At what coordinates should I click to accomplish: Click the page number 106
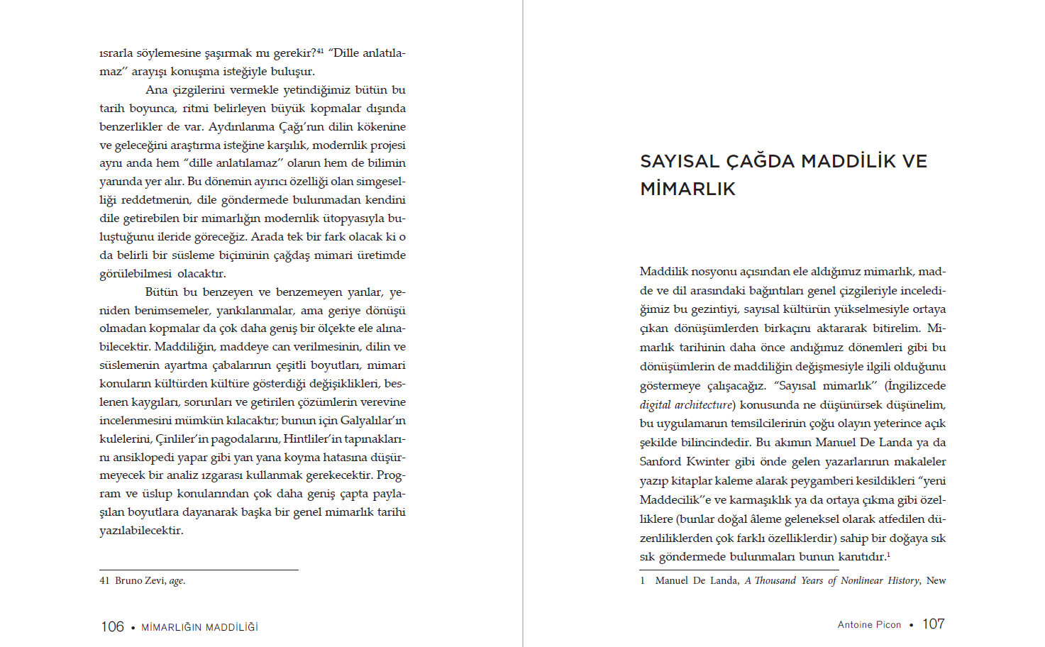(112, 626)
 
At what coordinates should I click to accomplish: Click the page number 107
(933, 624)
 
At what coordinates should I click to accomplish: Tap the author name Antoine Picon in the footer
(869, 624)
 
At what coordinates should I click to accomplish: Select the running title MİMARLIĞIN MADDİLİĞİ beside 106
(199, 627)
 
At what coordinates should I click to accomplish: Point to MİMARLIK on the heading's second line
(687, 189)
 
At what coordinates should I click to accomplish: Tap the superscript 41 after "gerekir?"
(320, 50)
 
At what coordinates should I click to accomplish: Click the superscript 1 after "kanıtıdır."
(888, 555)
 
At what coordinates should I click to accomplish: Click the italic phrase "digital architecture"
(685, 404)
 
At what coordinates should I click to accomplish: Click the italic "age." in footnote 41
(177, 580)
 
